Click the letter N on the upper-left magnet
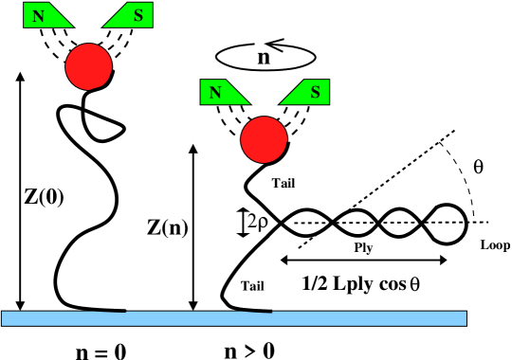pos(38,16)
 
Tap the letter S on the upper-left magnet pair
pos(138,15)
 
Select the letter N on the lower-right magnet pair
pos(215,93)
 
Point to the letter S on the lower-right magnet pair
pos(315,93)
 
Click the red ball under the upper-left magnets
pos(89,66)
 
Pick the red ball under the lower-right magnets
pos(264,139)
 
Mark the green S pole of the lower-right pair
pos(309,92)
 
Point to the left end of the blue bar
pos(5,318)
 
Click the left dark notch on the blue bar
pos(110,312)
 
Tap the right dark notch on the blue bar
pos(257,312)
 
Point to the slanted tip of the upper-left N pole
pos(68,24)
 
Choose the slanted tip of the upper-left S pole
pos(107,24)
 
